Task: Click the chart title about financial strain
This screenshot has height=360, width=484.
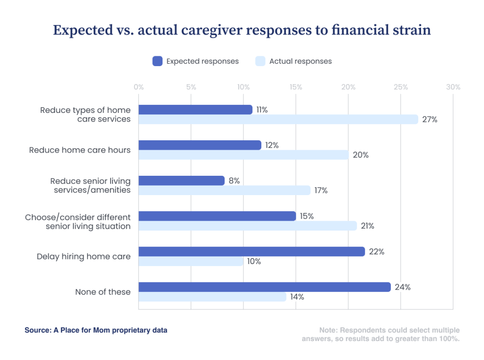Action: [x=242, y=30]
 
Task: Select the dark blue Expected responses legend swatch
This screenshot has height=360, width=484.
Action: [x=157, y=61]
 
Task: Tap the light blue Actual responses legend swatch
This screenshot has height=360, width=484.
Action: [x=260, y=61]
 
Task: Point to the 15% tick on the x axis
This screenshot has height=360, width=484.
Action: [x=296, y=87]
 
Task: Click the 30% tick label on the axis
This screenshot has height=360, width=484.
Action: [x=453, y=87]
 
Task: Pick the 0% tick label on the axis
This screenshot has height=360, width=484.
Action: [x=138, y=87]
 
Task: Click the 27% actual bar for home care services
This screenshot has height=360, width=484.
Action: [x=278, y=120]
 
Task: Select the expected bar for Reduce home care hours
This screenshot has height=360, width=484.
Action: [x=199, y=145]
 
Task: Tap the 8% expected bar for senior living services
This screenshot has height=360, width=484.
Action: [x=181, y=180]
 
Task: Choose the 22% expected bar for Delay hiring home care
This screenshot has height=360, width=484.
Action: [x=251, y=251]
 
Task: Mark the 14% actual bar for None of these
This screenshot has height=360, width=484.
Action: [x=212, y=297]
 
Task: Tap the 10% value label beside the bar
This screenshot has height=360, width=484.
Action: [x=253, y=261]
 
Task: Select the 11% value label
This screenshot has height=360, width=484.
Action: [x=262, y=110]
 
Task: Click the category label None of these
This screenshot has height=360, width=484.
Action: [x=103, y=292]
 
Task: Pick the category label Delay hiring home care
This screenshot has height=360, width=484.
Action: [x=84, y=257]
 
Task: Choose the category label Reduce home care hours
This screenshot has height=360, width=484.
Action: [x=80, y=150]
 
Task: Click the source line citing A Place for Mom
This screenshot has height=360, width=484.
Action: [x=96, y=330]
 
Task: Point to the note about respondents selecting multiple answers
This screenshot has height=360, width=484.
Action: [x=380, y=334]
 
